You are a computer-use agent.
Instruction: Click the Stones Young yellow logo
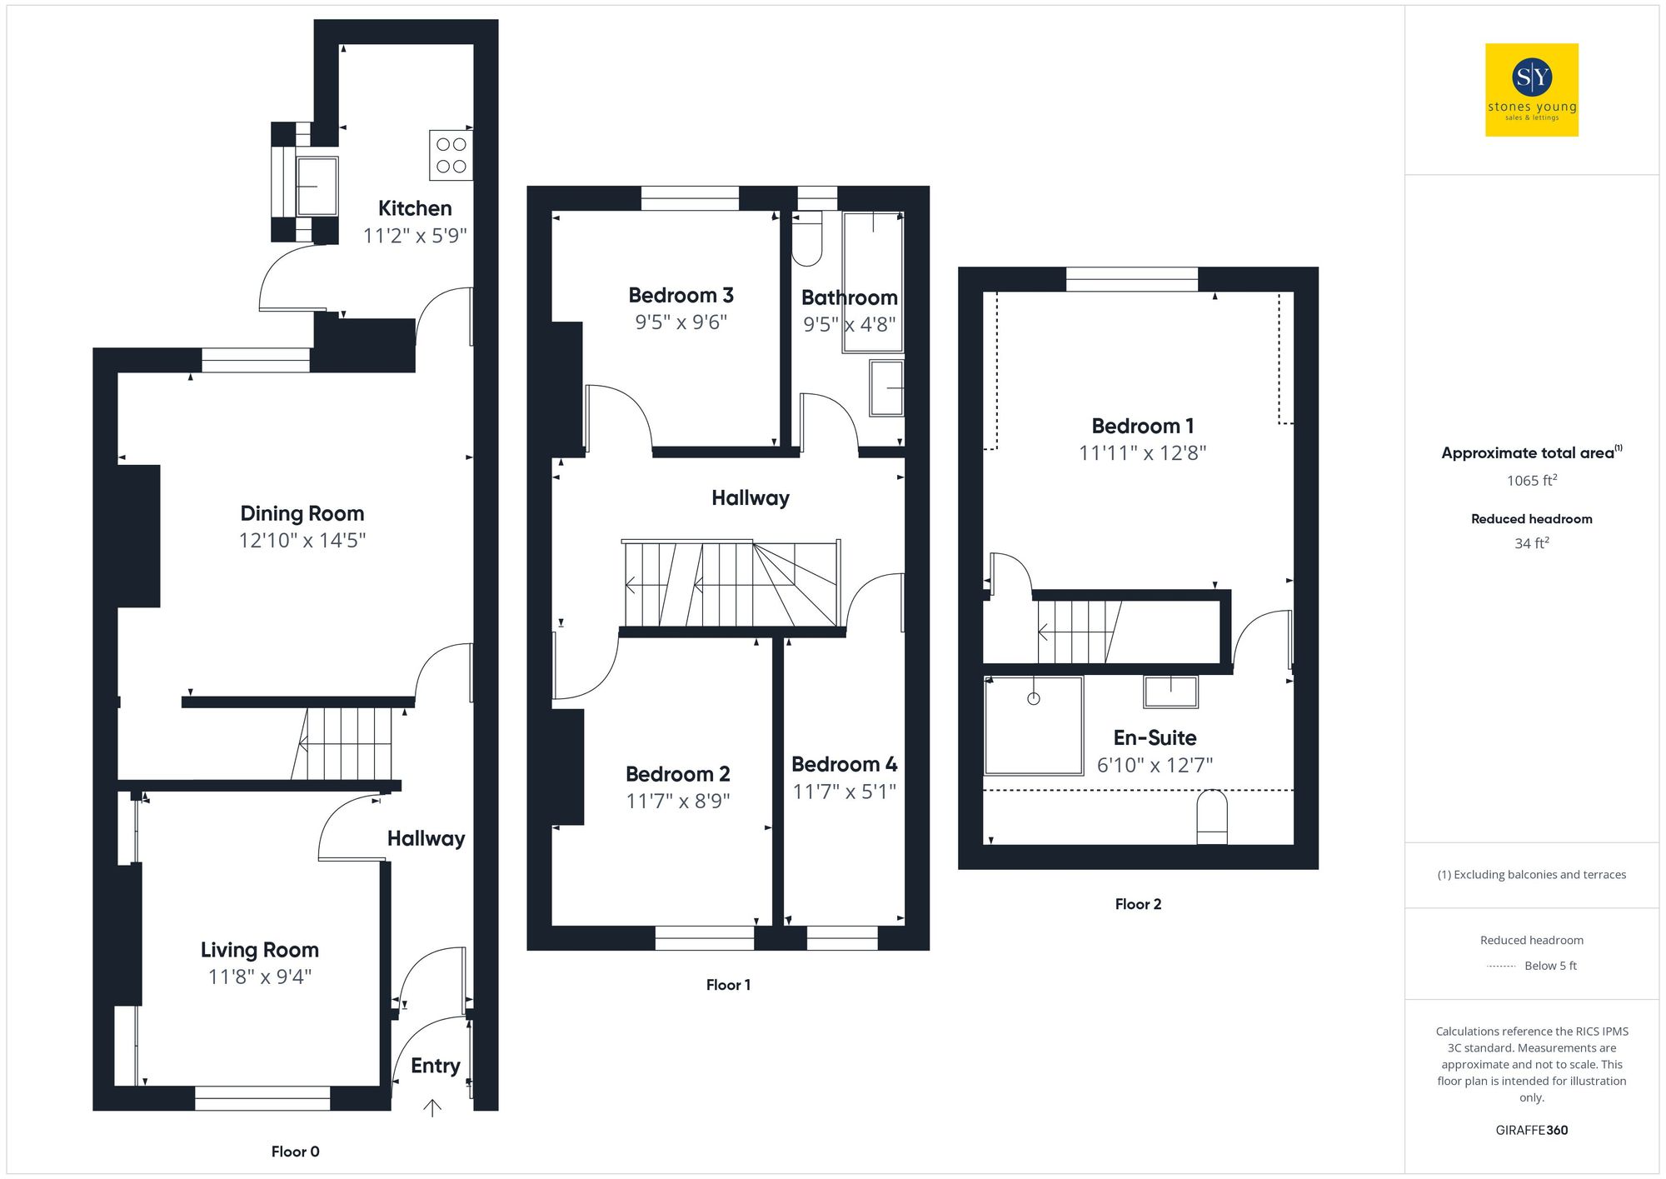point(1531,90)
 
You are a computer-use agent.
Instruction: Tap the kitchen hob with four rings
point(451,155)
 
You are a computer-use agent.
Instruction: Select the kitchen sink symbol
point(317,186)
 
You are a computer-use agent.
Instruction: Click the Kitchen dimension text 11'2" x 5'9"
point(415,236)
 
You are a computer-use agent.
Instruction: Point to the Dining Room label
point(302,513)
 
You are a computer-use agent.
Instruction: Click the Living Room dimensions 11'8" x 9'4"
point(259,977)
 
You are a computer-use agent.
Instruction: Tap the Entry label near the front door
point(435,1066)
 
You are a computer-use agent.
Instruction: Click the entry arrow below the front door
point(432,1107)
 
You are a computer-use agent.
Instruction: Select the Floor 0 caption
point(295,1152)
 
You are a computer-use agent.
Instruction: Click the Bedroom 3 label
point(681,295)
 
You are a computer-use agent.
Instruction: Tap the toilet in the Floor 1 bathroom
point(806,240)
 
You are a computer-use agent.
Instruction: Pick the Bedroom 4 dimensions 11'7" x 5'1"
point(844,792)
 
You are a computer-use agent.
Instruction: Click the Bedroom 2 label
point(677,774)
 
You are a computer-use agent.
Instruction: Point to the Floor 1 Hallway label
point(750,498)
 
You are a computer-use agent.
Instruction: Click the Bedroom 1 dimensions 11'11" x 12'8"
point(1142,453)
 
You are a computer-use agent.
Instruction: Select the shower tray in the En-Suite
point(1033,725)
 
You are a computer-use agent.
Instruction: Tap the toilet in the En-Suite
point(1211,817)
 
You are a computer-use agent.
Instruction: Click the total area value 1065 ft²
point(1531,481)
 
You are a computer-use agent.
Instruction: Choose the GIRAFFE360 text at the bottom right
point(1531,1131)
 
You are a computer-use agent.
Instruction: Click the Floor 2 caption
point(1138,904)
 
